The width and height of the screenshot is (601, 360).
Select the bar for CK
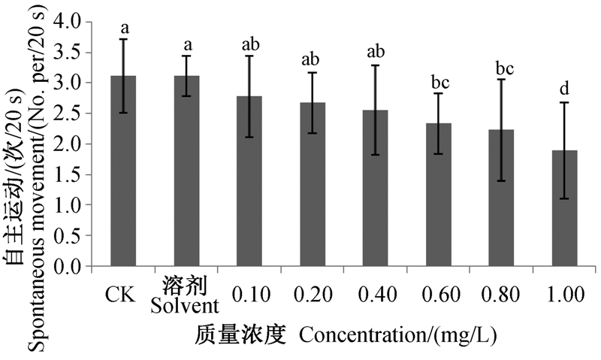coord(123,171)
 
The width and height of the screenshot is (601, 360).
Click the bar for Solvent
coord(186,171)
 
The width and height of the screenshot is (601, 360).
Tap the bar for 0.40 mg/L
coord(376,188)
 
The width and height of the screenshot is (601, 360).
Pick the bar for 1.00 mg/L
coord(565,208)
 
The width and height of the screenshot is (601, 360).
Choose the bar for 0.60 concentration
coord(439,195)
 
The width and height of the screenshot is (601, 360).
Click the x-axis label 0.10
coord(251,295)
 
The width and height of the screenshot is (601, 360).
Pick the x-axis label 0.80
coord(502,295)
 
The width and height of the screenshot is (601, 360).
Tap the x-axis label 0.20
coord(313,295)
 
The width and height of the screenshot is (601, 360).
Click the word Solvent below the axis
coord(184,306)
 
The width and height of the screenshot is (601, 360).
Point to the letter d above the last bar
coord(565,89)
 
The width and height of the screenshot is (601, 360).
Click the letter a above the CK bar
coord(125,28)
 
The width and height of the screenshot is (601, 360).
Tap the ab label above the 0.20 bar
coord(310,59)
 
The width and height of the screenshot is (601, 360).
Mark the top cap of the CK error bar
coord(123,39)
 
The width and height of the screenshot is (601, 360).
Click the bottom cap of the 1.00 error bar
coord(565,198)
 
